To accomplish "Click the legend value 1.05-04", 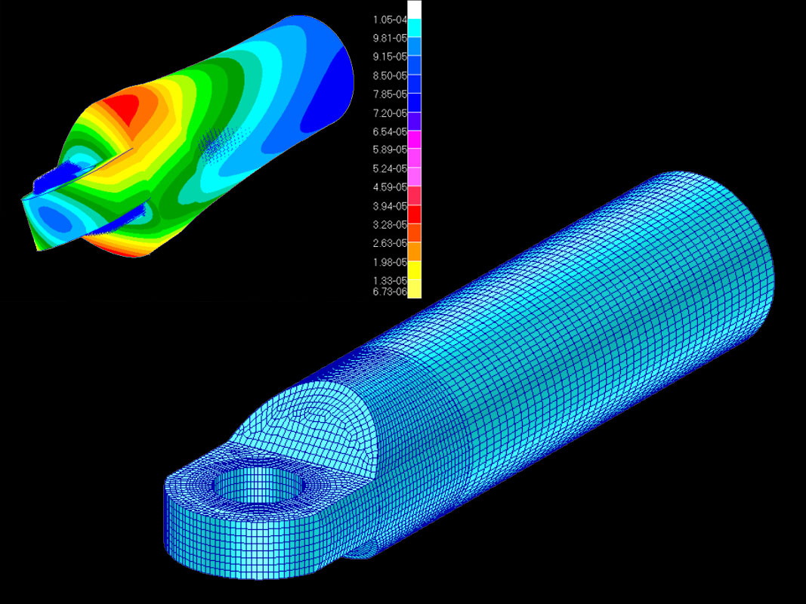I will [x=389, y=20].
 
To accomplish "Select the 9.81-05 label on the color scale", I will [x=389, y=39].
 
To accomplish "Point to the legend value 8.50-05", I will [x=389, y=75].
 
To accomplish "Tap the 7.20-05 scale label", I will [x=389, y=113].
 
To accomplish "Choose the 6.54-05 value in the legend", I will [x=389, y=131].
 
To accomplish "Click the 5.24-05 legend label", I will [x=389, y=168].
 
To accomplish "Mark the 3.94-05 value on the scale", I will [x=389, y=206].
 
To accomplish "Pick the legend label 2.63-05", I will [x=389, y=243].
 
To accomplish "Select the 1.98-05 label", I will [x=389, y=262].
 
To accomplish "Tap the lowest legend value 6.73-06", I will [x=389, y=291].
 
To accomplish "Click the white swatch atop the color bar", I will [x=415, y=10].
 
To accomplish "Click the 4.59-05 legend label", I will [x=389, y=187].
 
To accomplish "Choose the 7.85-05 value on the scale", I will [x=389, y=94].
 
